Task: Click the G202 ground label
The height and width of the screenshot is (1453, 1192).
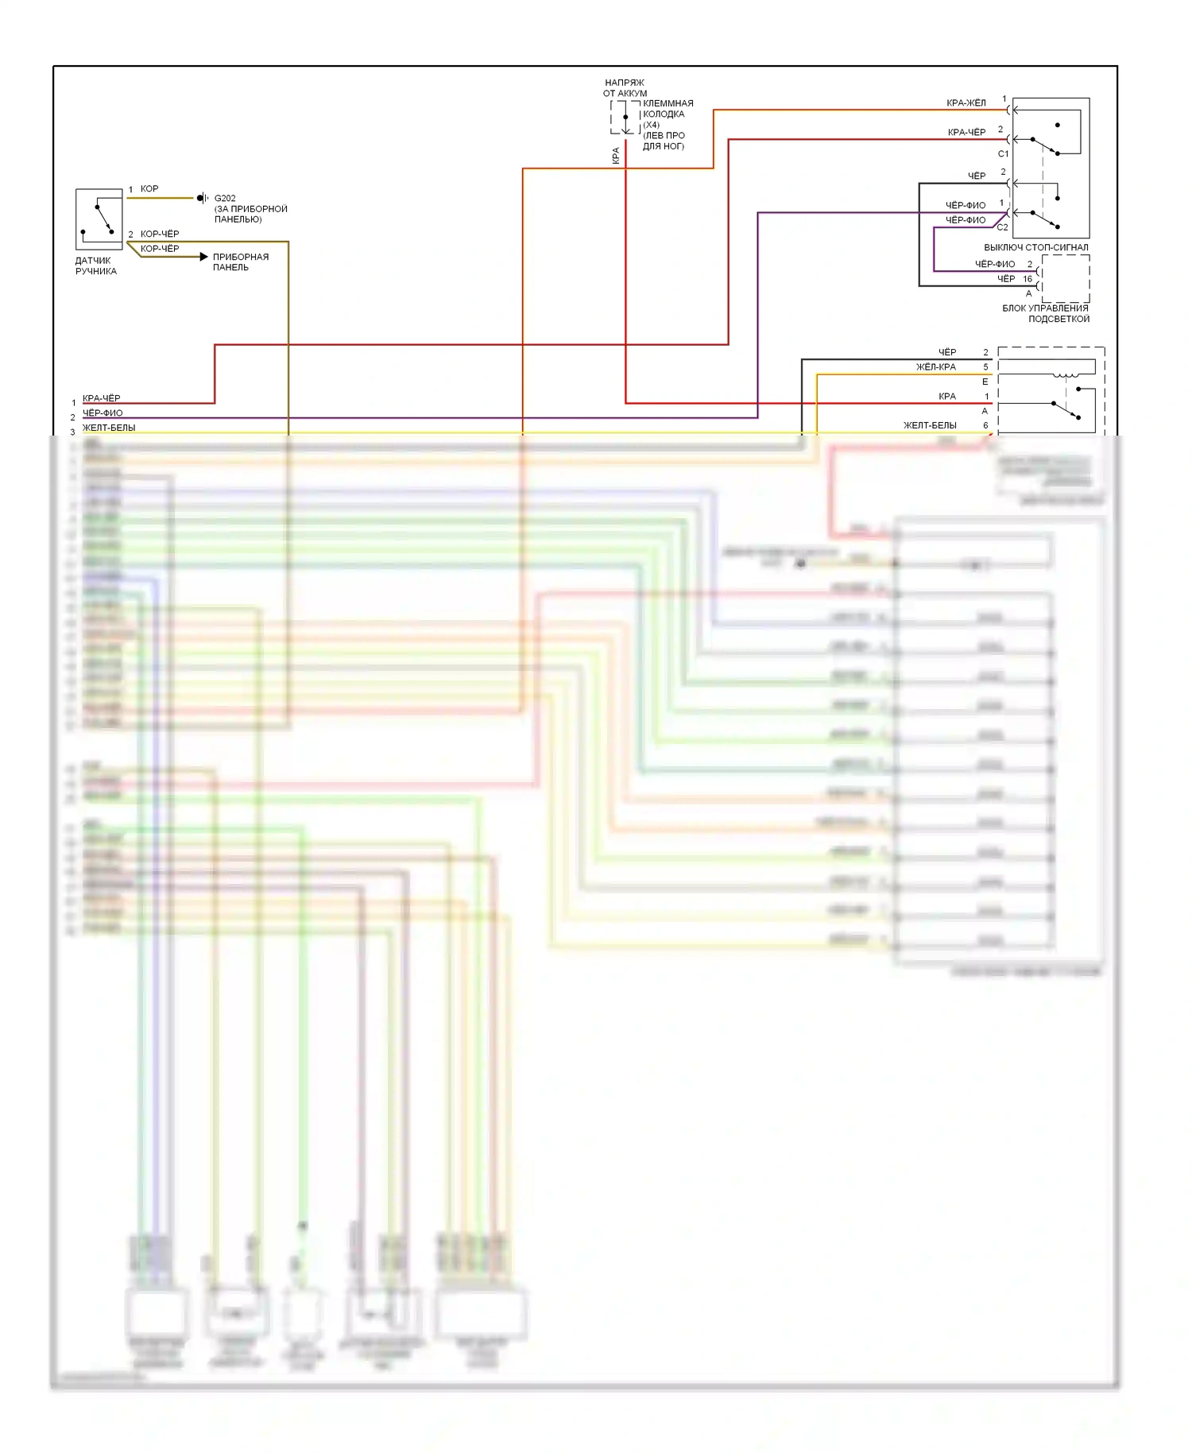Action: point(225,199)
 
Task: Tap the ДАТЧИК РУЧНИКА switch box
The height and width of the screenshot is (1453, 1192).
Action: point(99,219)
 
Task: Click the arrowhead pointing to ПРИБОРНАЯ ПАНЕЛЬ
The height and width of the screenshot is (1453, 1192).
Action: point(204,257)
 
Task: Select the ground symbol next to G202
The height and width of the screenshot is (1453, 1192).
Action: point(203,198)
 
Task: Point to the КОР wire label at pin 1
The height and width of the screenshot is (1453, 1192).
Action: point(149,189)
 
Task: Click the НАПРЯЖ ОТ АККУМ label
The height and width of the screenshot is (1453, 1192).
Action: point(625,87)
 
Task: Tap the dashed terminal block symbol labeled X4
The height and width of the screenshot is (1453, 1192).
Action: point(625,118)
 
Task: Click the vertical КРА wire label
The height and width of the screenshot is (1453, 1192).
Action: point(616,156)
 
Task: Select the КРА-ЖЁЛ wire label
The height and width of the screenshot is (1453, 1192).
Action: point(966,103)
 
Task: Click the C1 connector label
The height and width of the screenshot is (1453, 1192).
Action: point(1003,154)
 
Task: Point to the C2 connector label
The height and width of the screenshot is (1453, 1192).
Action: point(1002,227)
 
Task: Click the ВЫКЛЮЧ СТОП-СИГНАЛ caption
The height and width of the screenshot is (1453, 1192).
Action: point(1035,247)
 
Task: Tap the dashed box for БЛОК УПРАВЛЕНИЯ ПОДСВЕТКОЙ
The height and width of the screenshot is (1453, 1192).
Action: point(1065,278)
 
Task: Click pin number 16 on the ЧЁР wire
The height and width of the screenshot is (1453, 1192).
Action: point(1028,279)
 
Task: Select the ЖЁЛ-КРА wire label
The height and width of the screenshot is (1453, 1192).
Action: point(935,367)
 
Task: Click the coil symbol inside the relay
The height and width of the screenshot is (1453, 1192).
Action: point(1065,374)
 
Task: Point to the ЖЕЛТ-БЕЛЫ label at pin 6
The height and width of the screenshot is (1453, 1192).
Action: point(929,426)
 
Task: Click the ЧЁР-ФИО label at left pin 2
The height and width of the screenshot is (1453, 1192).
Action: point(103,413)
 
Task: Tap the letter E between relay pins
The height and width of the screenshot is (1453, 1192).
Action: point(985,382)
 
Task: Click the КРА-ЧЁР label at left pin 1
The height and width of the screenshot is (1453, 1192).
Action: point(101,399)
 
